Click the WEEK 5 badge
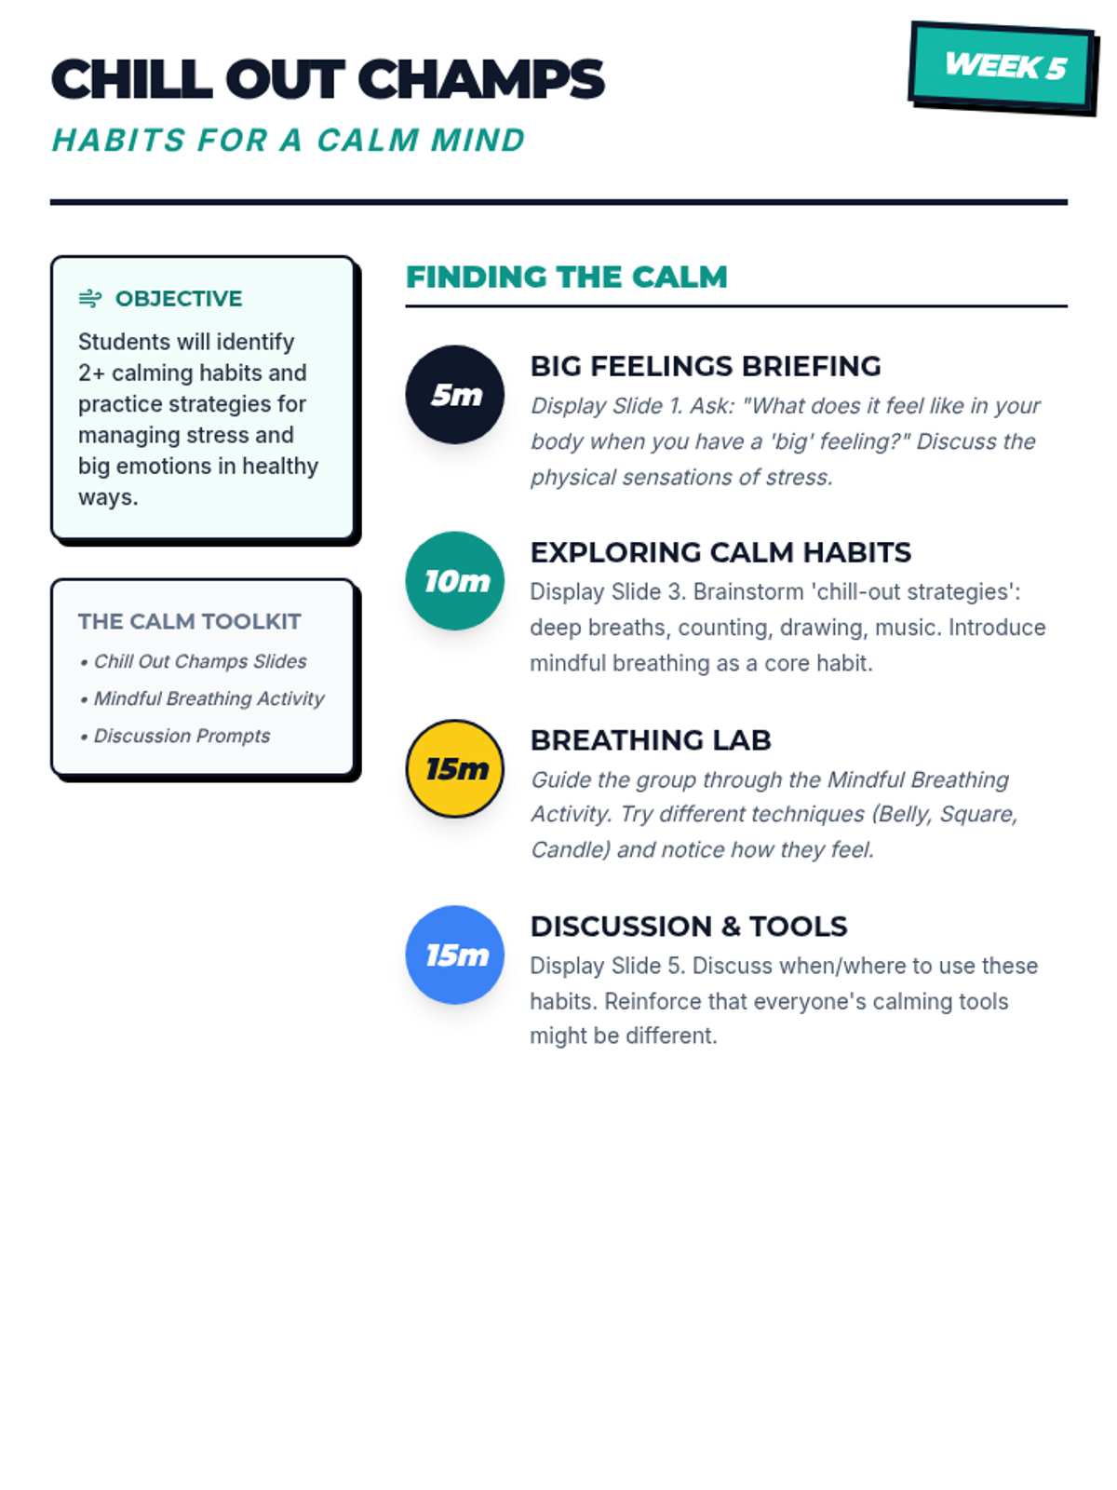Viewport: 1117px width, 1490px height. [x=1003, y=67]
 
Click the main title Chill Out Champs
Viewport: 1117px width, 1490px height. [x=328, y=79]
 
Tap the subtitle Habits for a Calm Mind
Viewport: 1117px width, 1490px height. [x=289, y=141]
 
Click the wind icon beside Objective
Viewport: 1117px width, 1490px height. [x=90, y=299]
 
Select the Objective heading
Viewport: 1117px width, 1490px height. [x=179, y=299]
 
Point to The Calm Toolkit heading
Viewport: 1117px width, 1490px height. [x=190, y=621]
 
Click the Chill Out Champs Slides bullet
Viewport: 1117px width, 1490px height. [x=193, y=661]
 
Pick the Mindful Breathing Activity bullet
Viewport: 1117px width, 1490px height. [x=202, y=698]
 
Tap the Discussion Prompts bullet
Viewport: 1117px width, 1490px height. [x=175, y=736]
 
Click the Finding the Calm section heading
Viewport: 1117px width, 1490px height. [x=567, y=278]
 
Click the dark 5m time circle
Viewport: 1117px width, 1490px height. [x=455, y=395]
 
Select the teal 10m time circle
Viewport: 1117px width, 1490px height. [x=455, y=581]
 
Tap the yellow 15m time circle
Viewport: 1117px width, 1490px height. [x=455, y=768]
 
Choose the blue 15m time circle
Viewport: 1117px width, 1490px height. [x=455, y=955]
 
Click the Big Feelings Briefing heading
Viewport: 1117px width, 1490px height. [x=706, y=366]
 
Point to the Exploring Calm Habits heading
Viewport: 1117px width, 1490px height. [x=720, y=552]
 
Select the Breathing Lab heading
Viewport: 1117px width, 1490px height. [x=651, y=740]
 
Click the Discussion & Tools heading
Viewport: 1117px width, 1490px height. [x=689, y=927]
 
